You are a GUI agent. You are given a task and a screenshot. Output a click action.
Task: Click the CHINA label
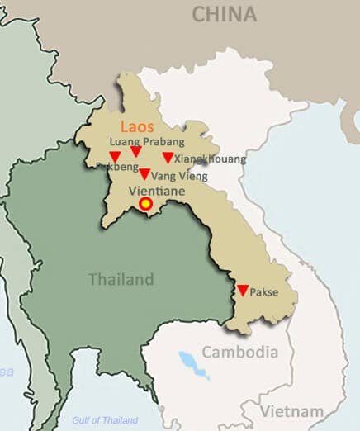pyautogui.click(x=224, y=14)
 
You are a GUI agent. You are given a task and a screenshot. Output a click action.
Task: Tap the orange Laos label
pyautogui.click(x=137, y=128)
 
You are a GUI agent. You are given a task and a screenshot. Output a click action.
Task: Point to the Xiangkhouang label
pyautogui.click(x=211, y=159)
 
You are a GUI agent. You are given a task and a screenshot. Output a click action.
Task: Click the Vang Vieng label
pyautogui.click(x=180, y=176)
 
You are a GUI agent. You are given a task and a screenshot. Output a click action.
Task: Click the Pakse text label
pyautogui.click(x=264, y=292)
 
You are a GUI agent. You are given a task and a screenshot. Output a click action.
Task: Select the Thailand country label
pyautogui.click(x=121, y=279)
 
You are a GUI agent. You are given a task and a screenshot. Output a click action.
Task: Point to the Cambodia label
pyautogui.click(x=240, y=352)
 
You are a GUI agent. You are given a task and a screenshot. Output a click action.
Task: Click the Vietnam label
pyautogui.click(x=292, y=411)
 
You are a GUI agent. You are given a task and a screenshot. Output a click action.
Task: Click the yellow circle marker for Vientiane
pyautogui.click(x=146, y=203)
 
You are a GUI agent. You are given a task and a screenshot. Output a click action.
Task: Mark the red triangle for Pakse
pyautogui.click(x=243, y=291)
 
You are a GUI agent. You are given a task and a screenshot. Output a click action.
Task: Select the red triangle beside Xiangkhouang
pyautogui.click(x=168, y=158)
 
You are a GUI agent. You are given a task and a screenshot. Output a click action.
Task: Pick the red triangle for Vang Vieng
pyautogui.click(x=144, y=174)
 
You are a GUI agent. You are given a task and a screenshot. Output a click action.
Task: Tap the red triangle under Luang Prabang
pyautogui.click(x=136, y=152)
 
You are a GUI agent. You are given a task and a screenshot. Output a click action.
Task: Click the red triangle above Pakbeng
pyautogui.click(x=115, y=156)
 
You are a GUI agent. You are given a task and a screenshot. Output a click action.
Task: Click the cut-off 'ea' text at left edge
pyautogui.click(x=7, y=372)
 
